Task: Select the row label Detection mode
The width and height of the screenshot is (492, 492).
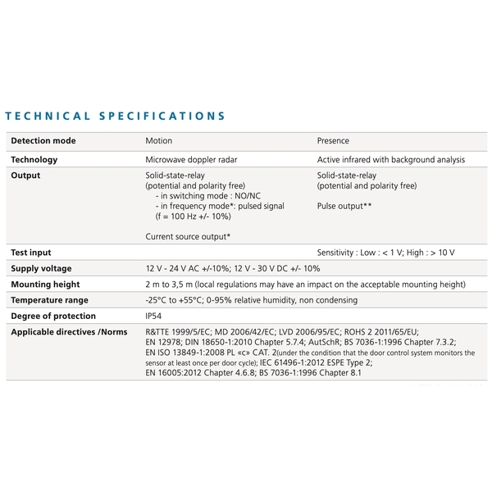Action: click(x=43, y=141)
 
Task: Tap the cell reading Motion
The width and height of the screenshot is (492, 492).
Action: click(x=158, y=141)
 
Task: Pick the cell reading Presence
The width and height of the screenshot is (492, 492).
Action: click(x=333, y=141)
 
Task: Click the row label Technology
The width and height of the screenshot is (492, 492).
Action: click(x=34, y=159)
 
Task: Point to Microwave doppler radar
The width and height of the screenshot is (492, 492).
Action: click(x=190, y=159)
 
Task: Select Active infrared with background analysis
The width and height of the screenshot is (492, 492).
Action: click(x=390, y=159)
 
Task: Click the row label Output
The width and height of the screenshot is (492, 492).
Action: click(x=25, y=175)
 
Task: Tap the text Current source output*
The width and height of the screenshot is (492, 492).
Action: click(x=187, y=237)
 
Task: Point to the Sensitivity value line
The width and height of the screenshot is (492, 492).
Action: click(x=385, y=253)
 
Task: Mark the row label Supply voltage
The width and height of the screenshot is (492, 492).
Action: click(x=41, y=269)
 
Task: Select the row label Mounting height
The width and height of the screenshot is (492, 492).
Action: click(x=45, y=285)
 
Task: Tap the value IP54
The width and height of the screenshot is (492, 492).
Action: click(x=154, y=316)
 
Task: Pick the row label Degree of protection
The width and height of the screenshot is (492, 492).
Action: click(x=53, y=316)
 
